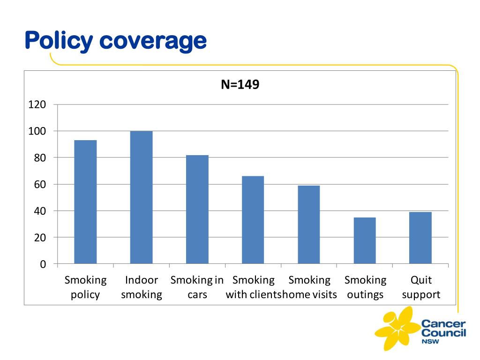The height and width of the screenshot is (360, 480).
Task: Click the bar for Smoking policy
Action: point(85,202)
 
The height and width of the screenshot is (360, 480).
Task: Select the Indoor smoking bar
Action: point(141,197)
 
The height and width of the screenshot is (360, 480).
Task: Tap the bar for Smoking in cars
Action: point(197,209)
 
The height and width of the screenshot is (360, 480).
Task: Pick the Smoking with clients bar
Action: point(253,219)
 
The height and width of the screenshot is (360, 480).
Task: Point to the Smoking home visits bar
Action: point(308,224)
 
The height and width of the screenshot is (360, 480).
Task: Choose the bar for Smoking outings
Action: point(364,240)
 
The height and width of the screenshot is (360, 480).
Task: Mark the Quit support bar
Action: point(420,238)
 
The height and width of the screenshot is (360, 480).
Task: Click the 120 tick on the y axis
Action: point(37,105)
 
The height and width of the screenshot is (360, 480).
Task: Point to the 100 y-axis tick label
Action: point(37,131)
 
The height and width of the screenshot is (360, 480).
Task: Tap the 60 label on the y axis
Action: point(40,184)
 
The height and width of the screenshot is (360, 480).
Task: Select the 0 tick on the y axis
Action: point(43,264)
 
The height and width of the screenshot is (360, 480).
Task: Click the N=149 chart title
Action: point(240,85)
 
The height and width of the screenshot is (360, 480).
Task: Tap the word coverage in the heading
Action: point(153,41)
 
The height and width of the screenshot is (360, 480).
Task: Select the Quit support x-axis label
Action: point(421,287)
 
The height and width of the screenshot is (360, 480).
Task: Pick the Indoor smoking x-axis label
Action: point(142,287)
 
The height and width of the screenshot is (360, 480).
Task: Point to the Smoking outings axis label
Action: point(365,287)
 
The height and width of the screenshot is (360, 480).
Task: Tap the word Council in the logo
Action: point(443,333)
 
